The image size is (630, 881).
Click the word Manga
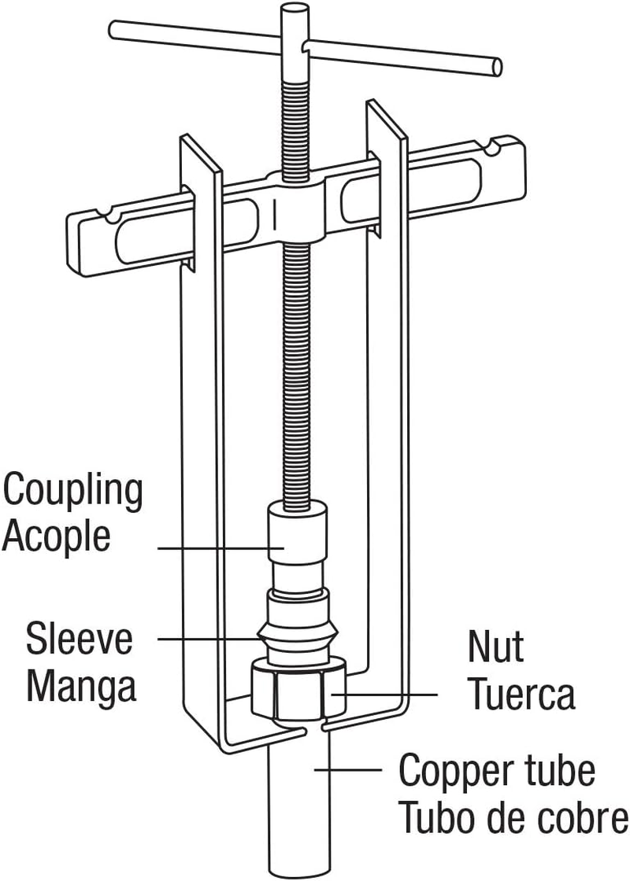pos(82,686)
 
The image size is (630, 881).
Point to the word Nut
pos(495,648)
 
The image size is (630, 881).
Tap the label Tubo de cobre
pos(513,818)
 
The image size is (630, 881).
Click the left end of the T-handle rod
pos(116,30)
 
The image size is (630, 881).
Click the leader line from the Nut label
pos(386,695)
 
